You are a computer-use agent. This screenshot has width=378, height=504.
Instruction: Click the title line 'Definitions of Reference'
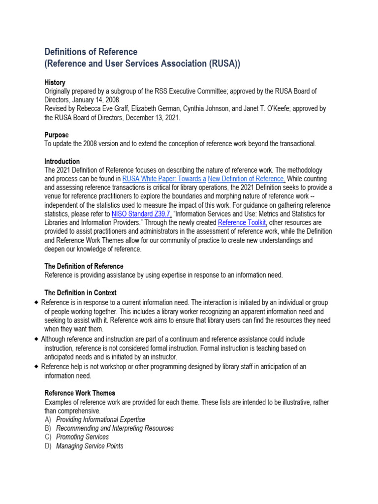click(x=91, y=52)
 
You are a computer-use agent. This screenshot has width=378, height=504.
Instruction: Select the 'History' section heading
click(x=55, y=83)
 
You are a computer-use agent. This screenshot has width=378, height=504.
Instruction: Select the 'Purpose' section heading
click(x=57, y=135)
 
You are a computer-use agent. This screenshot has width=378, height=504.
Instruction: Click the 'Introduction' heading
click(x=62, y=161)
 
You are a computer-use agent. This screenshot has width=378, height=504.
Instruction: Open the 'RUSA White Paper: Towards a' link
click(x=164, y=179)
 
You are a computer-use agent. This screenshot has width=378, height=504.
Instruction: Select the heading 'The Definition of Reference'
click(x=84, y=266)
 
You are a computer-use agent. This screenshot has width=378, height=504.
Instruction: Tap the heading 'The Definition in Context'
click(x=80, y=293)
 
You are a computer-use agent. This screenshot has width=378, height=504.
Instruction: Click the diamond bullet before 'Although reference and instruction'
click(x=37, y=339)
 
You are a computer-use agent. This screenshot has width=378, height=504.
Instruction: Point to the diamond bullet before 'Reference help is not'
click(x=37, y=367)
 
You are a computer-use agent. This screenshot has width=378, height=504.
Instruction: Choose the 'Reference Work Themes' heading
click(x=80, y=393)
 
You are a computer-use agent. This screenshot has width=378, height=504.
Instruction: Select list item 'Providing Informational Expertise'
click(x=100, y=419)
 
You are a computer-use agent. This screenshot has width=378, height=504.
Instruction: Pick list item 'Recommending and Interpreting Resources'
click(x=115, y=428)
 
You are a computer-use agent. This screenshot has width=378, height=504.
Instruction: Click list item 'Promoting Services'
click(x=82, y=437)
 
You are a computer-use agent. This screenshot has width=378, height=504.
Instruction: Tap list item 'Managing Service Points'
click(x=90, y=446)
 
